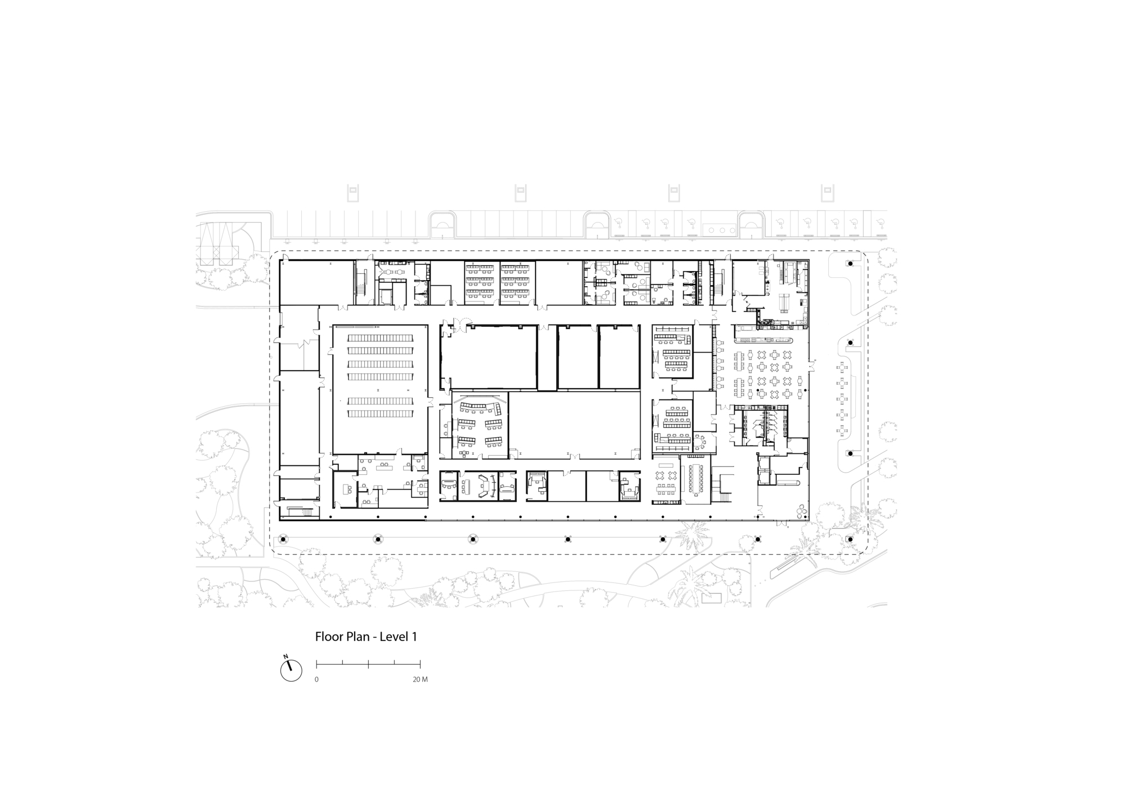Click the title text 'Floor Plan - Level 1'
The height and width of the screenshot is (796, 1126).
[x=366, y=637]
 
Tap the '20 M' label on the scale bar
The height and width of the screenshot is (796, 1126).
[x=420, y=679]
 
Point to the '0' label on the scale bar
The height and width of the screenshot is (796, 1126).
[x=316, y=679]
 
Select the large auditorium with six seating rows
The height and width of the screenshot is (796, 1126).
[x=380, y=389]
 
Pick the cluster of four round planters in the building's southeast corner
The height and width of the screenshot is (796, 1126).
[x=801, y=511]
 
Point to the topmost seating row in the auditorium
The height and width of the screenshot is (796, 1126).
[x=380, y=338]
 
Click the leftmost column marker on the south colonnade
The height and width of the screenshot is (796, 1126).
[x=283, y=539]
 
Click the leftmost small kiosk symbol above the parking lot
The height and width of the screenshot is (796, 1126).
[x=352, y=193]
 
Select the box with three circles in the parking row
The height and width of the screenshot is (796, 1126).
[x=720, y=229]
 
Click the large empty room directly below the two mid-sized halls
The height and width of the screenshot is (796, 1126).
[x=574, y=425]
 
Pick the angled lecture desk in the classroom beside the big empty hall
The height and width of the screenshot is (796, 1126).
[x=480, y=407]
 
